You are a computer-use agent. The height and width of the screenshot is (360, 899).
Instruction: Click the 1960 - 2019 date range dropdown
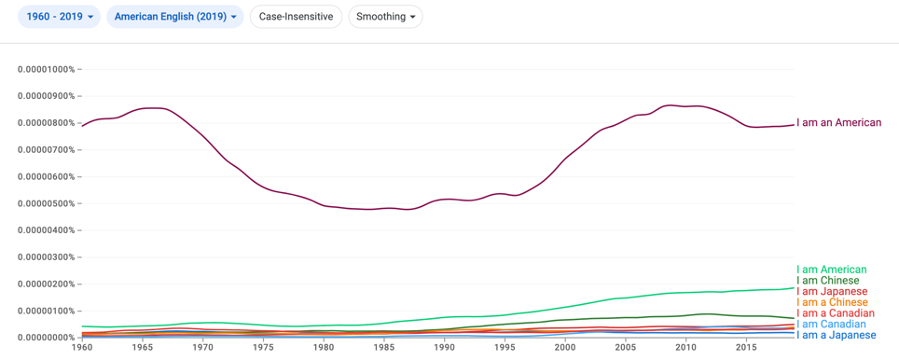(x=59, y=17)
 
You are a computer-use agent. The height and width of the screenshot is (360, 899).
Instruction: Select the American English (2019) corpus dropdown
(x=175, y=17)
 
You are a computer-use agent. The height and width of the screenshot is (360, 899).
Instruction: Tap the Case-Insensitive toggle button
(x=296, y=17)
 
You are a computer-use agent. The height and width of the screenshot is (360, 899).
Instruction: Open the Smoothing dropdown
(x=385, y=17)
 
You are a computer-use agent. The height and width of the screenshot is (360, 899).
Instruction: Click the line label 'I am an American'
(x=838, y=123)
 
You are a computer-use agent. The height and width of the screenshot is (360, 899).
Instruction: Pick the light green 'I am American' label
(x=831, y=270)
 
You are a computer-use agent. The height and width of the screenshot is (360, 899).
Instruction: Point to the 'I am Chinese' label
(x=828, y=281)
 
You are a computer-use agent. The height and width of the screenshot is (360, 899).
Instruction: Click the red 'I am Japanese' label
(x=832, y=291)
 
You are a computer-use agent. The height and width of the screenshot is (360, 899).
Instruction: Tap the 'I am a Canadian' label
(x=836, y=313)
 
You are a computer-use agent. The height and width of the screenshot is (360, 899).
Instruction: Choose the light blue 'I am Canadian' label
(x=831, y=324)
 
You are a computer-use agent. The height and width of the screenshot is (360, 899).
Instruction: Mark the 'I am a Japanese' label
(x=836, y=335)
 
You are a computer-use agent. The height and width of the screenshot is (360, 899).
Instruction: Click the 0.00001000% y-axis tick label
(x=47, y=69)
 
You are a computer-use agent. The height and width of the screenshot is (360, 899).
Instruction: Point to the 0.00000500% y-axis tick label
(x=47, y=203)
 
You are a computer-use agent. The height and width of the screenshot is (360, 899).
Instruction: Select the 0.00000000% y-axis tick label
(x=47, y=338)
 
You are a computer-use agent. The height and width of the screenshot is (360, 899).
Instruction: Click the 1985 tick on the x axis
(x=384, y=348)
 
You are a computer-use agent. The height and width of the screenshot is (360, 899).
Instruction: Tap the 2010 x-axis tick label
(x=685, y=348)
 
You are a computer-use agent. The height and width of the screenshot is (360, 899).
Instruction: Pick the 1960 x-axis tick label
(x=82, y=348)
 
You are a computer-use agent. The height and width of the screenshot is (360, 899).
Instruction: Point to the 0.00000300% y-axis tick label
(x=47, y=256)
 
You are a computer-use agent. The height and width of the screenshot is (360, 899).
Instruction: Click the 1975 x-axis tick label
(x=263, y=348)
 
